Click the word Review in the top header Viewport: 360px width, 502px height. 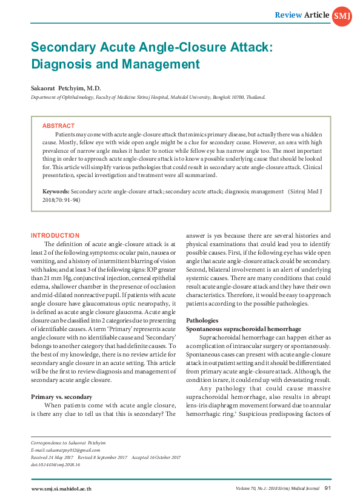click(288, 15)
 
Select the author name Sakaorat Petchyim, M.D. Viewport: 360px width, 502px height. click(67, 88)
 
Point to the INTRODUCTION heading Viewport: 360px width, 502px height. click(55, 235)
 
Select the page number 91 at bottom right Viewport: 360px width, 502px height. click(327, 487)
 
